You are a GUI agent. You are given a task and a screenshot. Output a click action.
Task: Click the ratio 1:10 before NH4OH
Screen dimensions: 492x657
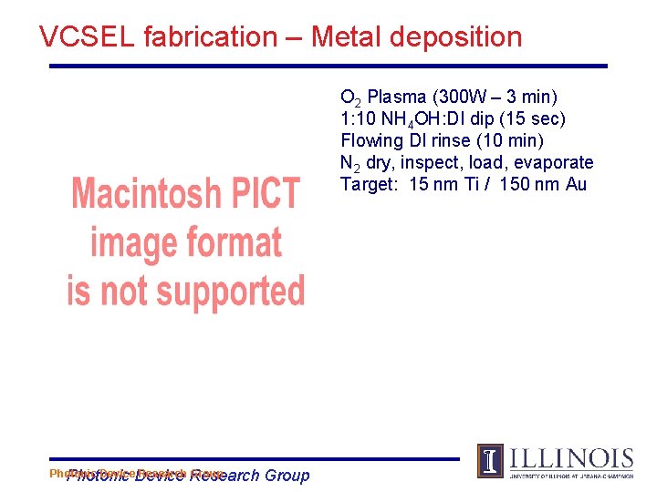point(357,118)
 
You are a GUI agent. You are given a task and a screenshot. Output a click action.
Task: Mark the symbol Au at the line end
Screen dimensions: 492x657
point(575,184)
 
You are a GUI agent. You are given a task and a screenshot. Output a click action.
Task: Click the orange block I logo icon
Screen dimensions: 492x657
point(490,461)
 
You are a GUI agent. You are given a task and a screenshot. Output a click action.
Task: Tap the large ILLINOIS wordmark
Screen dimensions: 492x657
point(570,457)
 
